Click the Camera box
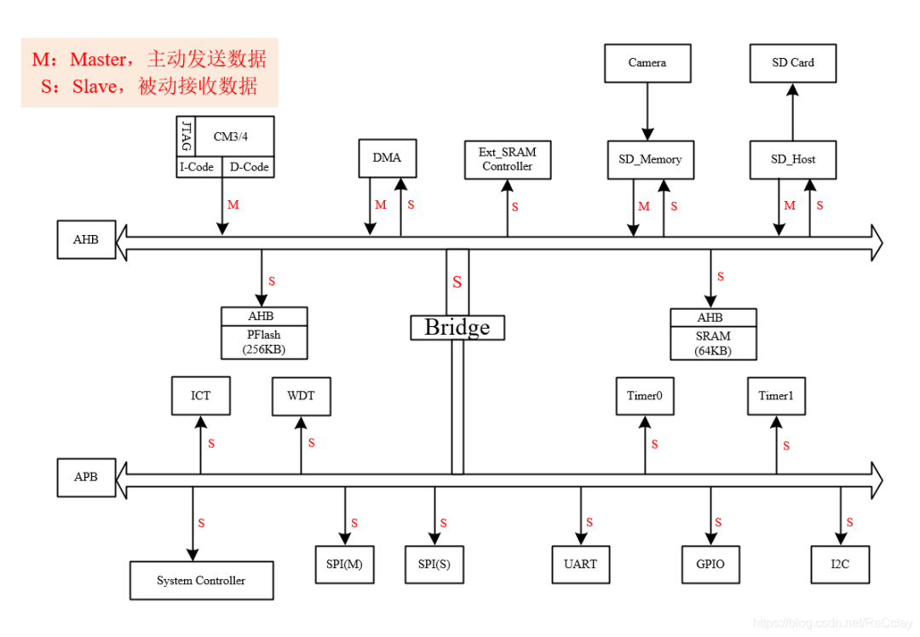(647, 63)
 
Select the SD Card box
(792, 63)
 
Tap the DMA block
(386, 158)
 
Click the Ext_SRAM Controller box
(507, 159)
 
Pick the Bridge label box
(457, 328)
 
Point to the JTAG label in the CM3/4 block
(186, 136)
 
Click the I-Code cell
(198, 168)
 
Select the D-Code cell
(249, 168)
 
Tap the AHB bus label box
(85, 240)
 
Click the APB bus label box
(85, 477)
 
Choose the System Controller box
(201, 581)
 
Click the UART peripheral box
(580, 564)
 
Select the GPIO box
(710, 564)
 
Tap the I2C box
(840, 564)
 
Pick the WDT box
(301, 396)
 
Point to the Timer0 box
(645, 396)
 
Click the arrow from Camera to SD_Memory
(647, 111)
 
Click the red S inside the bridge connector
(457, 282)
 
